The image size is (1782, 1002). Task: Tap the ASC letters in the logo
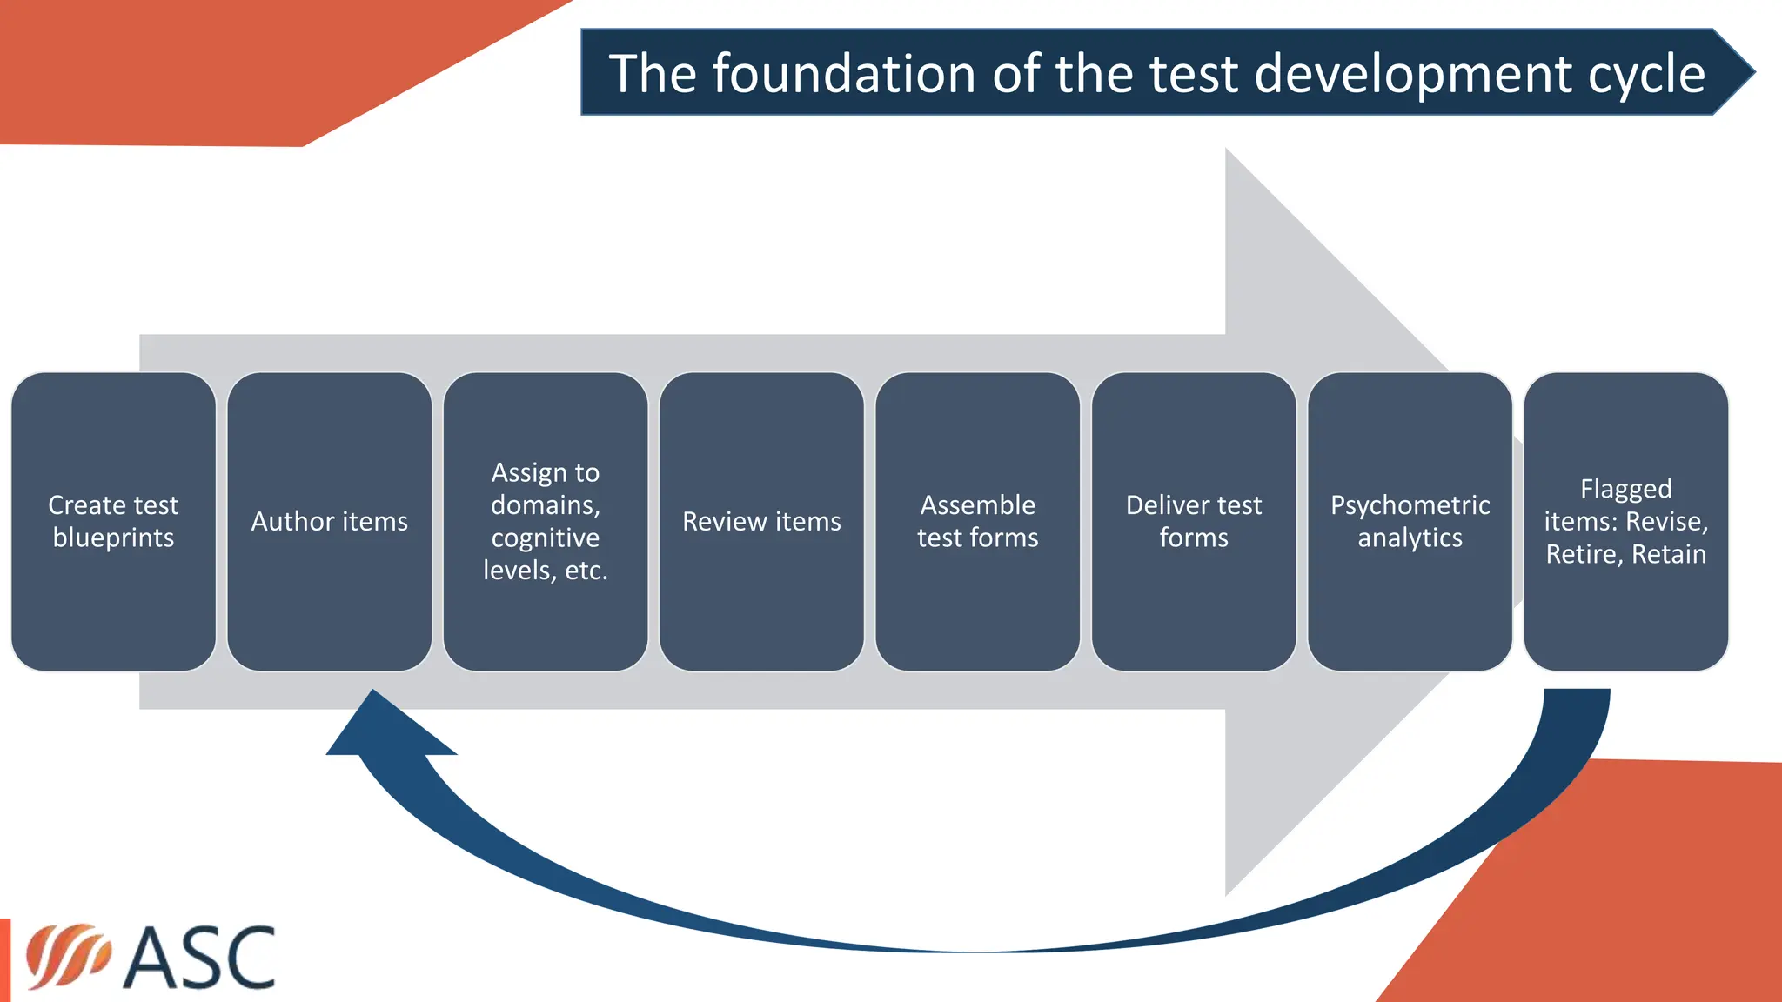[x=199, y=958]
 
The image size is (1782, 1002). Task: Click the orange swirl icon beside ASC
[x=67, y=956]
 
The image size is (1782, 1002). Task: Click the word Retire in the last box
[x=1583, y=554]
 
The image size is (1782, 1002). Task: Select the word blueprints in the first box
[x=113, y=538]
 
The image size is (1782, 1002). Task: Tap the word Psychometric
[x=1410, y=504]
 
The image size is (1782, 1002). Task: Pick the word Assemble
[x=977, y=504]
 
